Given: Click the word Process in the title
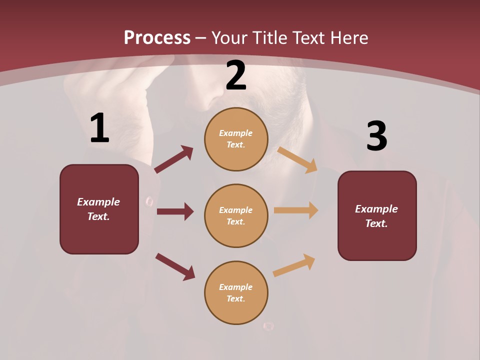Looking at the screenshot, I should click(157, 37).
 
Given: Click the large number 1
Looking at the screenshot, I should click(99, 128).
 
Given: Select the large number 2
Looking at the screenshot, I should click(236, 75).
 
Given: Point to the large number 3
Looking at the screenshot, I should click(376, 136).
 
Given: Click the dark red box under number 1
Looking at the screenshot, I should click(99, 209).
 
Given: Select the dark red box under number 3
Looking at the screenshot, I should click(377, 215).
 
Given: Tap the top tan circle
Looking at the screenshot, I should click(236, 139).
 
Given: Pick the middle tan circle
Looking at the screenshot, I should click(236, 215).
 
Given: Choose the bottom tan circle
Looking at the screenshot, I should click(236, 292).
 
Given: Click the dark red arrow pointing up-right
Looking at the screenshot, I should click(173, 159).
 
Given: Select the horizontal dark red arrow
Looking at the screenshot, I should click(175, 211).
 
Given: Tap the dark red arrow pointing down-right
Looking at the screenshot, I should click(175, 266).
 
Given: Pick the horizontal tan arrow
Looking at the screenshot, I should click(296, 210).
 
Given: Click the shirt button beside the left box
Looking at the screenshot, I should click(149, 201).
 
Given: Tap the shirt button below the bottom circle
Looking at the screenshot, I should click(268, 326).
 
